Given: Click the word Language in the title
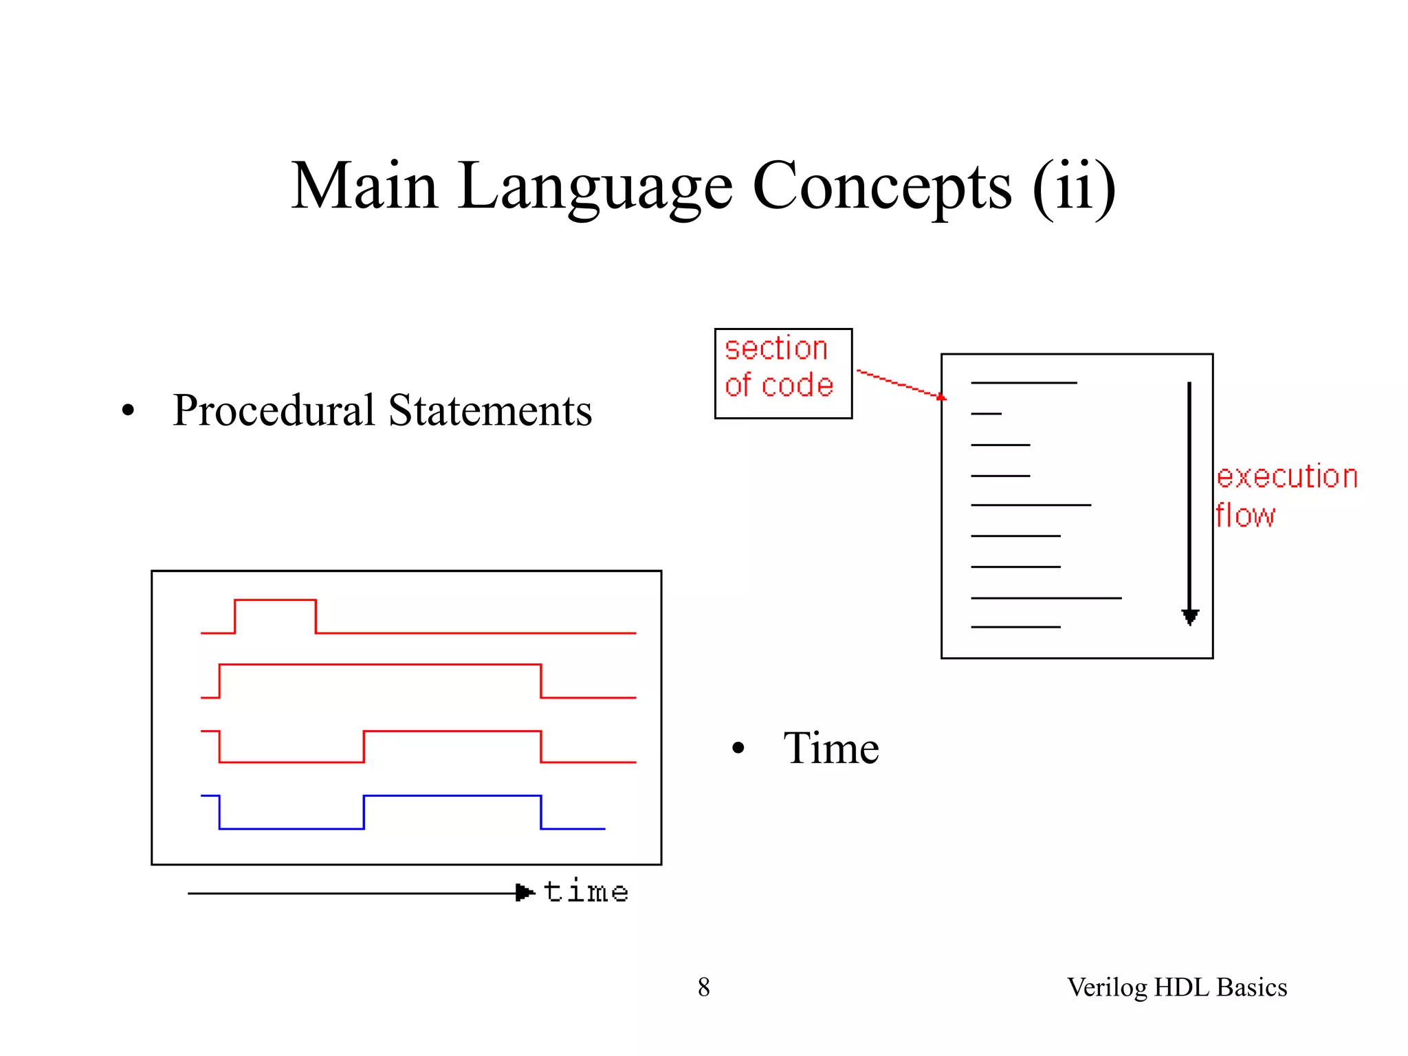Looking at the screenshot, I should pyautogui.click(x=595, y=187).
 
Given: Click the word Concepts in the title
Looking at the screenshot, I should pyautogui.click(x=882, y=187).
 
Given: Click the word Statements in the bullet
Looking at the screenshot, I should pyautogui.click(x=489, y=410).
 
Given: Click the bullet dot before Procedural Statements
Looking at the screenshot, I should pyautogui.click(x=128, y=411).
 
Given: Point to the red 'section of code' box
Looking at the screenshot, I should pyautogui.click(x=783, y=373).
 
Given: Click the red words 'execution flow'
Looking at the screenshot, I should pyautogui.click(x=1286, y=495).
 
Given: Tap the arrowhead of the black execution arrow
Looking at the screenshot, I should pyautogui.click(x=1190, y=616).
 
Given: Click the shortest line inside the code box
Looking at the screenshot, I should pyautogui.click(x=986, y=414).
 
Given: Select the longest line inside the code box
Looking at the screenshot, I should pyautogui.click(x=1046, y=598).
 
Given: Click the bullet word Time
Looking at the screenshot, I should pyautogui.click(x=830, y=748).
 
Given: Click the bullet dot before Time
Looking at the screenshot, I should pyautogui.click(x=738, y=749).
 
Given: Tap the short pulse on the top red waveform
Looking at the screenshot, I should pyautogui.click(x=275, y=601).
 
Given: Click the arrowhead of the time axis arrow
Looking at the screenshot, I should pyautogui.click(x=525, y=893).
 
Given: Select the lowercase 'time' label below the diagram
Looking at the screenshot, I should pyautogui.click(x=586, y=892).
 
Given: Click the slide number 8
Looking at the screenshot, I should pyautogui.click(x=703, y=987).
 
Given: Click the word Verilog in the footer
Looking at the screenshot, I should pyautogui.click(x=1107, y=987).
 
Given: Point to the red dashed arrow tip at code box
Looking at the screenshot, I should pyautogui.click(x=940, y=397).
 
